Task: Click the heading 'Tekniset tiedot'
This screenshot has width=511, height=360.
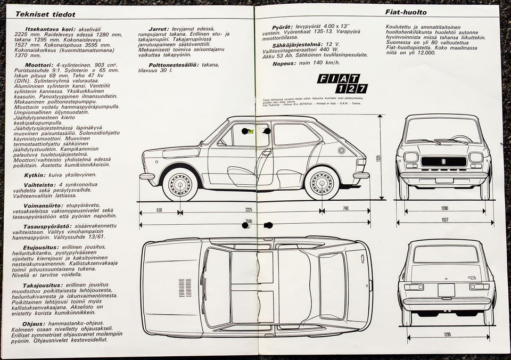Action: [x=45, y=14]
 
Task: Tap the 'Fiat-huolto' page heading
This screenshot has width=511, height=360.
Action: [x=406, y=12]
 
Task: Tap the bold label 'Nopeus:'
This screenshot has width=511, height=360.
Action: [x=284, y=63]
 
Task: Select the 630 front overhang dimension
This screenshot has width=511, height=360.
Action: [x=159, y=209]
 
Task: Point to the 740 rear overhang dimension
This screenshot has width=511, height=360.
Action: [x=345, y=209]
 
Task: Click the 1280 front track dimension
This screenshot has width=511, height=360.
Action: [x=444, y=209]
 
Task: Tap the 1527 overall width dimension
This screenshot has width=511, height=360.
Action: [x=444, y=219]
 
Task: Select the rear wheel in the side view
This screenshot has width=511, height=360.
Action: [x=322, y=184]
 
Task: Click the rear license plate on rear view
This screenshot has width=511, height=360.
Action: [x=446, y=289]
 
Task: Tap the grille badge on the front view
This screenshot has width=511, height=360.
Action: [x=444, y=160]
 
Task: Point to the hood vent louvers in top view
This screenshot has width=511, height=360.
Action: [x=185, y=287]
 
